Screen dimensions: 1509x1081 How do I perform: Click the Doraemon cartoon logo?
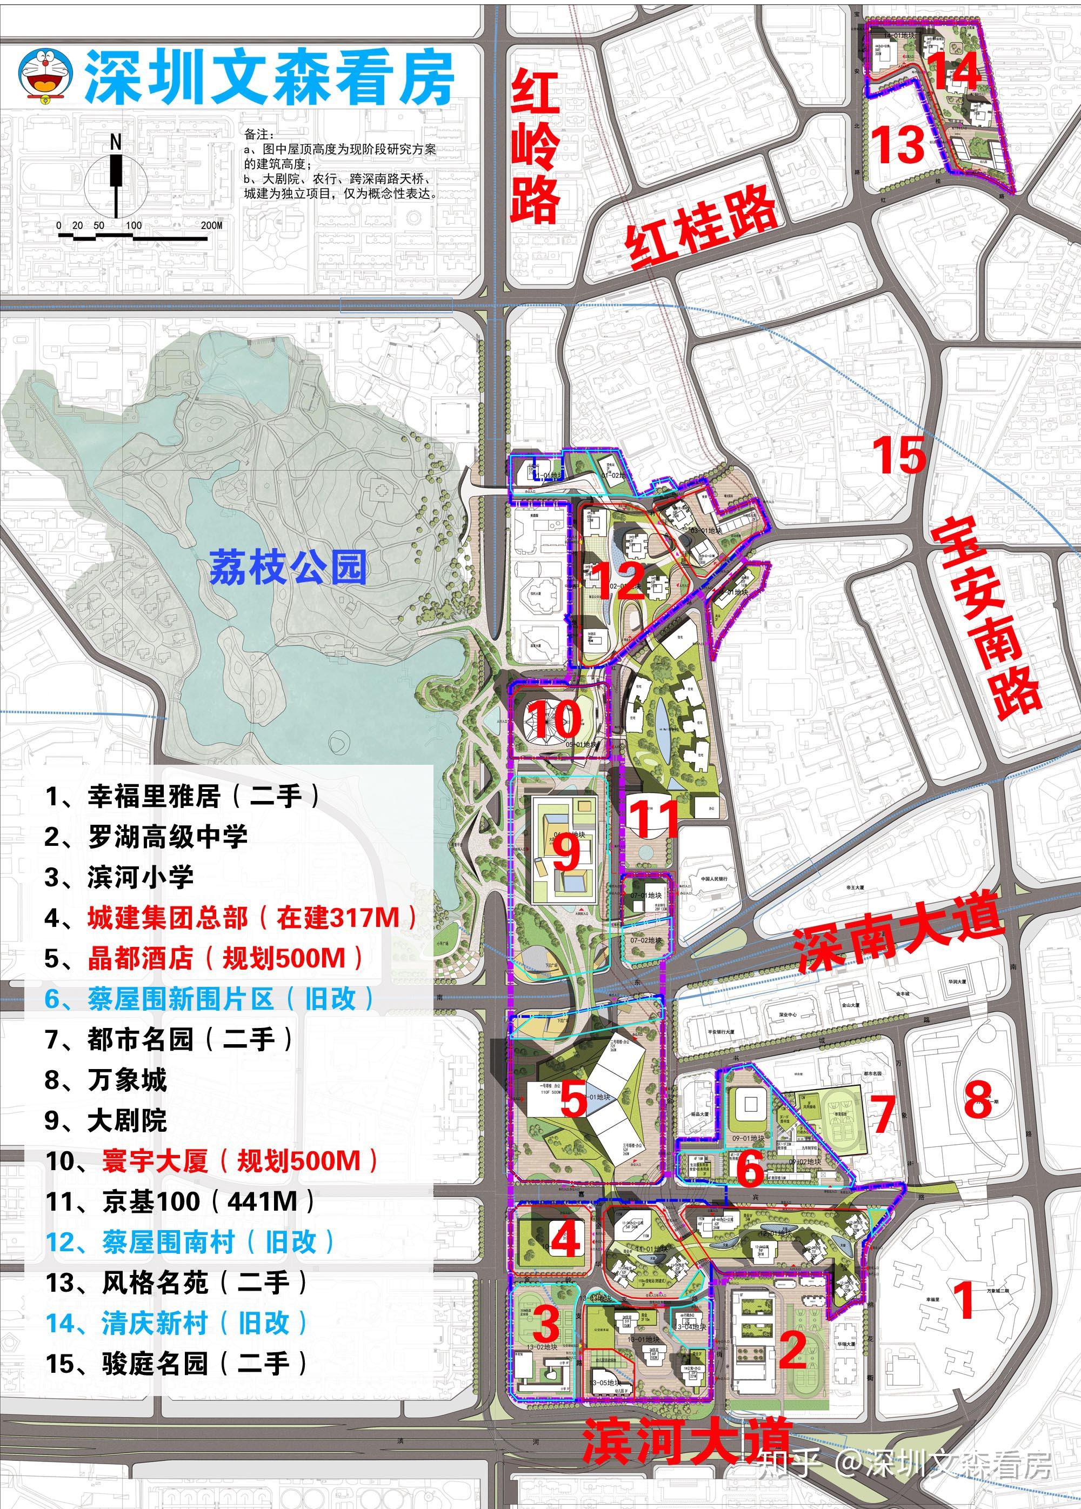46,75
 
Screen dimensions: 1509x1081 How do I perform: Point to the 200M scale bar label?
211,225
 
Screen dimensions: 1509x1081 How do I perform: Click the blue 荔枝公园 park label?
288,567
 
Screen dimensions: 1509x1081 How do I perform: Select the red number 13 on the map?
900,144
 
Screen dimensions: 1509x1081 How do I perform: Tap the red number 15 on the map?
899,455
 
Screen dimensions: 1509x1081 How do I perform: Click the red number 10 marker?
556,719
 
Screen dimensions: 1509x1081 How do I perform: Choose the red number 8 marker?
978,1099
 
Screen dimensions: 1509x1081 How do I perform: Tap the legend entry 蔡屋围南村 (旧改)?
190,1242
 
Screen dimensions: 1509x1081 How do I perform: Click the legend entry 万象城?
106,1080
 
